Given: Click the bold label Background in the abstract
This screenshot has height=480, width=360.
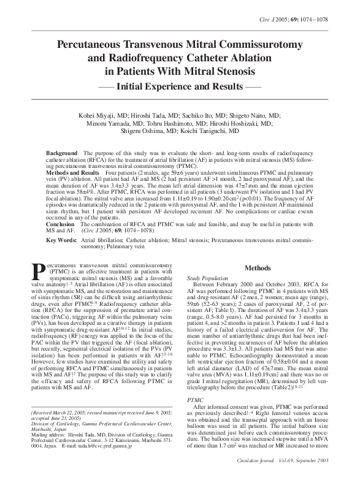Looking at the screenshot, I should pos(62,151).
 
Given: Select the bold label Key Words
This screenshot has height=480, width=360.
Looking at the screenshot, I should pos(62,240).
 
